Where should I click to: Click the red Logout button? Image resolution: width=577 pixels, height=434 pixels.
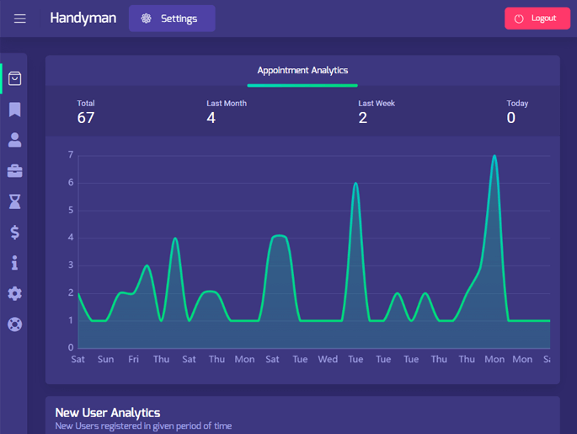[537, 19]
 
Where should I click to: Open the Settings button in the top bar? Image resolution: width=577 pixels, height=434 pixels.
[172, 19]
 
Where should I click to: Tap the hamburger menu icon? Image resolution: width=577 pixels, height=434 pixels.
[20, 19]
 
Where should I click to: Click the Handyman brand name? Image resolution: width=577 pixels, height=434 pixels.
[83, 18]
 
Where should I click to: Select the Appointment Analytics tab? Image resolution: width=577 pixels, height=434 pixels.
[302, 71]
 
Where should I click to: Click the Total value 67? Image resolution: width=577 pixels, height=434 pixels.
[86, 118]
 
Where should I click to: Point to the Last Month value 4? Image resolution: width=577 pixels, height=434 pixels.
[211, 118]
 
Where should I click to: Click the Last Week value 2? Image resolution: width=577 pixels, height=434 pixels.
[363, 118]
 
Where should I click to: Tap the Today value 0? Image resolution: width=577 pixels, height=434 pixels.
[511, 118]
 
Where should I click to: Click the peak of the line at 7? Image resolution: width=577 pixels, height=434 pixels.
[494, 156]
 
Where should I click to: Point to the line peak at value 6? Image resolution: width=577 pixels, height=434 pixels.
[355, 184]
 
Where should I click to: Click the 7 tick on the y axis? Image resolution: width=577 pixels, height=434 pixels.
[71, 155]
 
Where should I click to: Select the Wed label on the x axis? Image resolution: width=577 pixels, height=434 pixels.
[328, 359]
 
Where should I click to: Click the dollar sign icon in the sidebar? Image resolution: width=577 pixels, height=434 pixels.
[14, 233]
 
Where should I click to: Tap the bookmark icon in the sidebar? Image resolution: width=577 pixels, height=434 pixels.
[14, 110]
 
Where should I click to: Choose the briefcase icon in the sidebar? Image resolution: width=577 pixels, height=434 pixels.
[14, 171]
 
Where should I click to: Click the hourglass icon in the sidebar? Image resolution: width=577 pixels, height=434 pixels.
[14, 201]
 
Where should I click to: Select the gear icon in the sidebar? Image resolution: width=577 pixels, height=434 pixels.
[14, 294]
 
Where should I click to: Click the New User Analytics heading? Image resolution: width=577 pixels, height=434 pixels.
[108, 413]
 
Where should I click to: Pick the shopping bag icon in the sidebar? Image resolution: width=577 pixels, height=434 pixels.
[14, 78]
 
